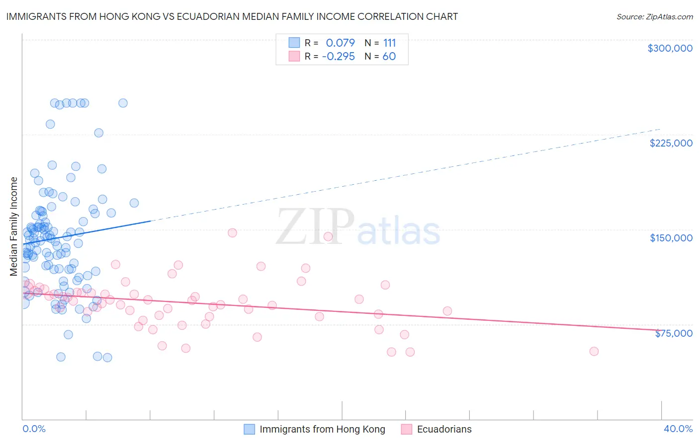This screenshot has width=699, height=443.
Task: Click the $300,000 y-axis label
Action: (670, 48)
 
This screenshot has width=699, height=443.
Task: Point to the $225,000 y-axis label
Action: (671, 143)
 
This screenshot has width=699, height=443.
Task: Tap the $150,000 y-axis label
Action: (671, 238)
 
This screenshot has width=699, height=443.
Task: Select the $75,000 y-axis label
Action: (674, 333)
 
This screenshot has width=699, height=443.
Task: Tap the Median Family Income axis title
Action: (14, 226)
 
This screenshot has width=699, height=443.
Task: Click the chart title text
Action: (232, 16)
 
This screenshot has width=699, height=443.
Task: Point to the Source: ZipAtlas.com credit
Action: (654, 17)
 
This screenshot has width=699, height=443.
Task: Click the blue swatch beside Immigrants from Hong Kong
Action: (249, 430)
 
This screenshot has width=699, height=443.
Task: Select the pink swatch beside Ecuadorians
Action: (407, 430)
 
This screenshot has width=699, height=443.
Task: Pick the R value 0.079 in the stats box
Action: (340, 43)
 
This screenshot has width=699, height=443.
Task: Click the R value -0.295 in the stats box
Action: (338, 57)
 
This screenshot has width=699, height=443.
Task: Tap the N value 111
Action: (389, 43)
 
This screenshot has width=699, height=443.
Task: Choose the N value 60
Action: (389, 57)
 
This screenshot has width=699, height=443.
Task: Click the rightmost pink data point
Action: (594, 351)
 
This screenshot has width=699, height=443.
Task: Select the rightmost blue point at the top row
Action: (123, 103)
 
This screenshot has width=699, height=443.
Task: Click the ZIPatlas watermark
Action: (358, 227)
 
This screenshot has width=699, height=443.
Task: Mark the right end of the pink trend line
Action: (661, 330)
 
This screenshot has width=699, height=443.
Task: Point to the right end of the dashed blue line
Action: (661, 129)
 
